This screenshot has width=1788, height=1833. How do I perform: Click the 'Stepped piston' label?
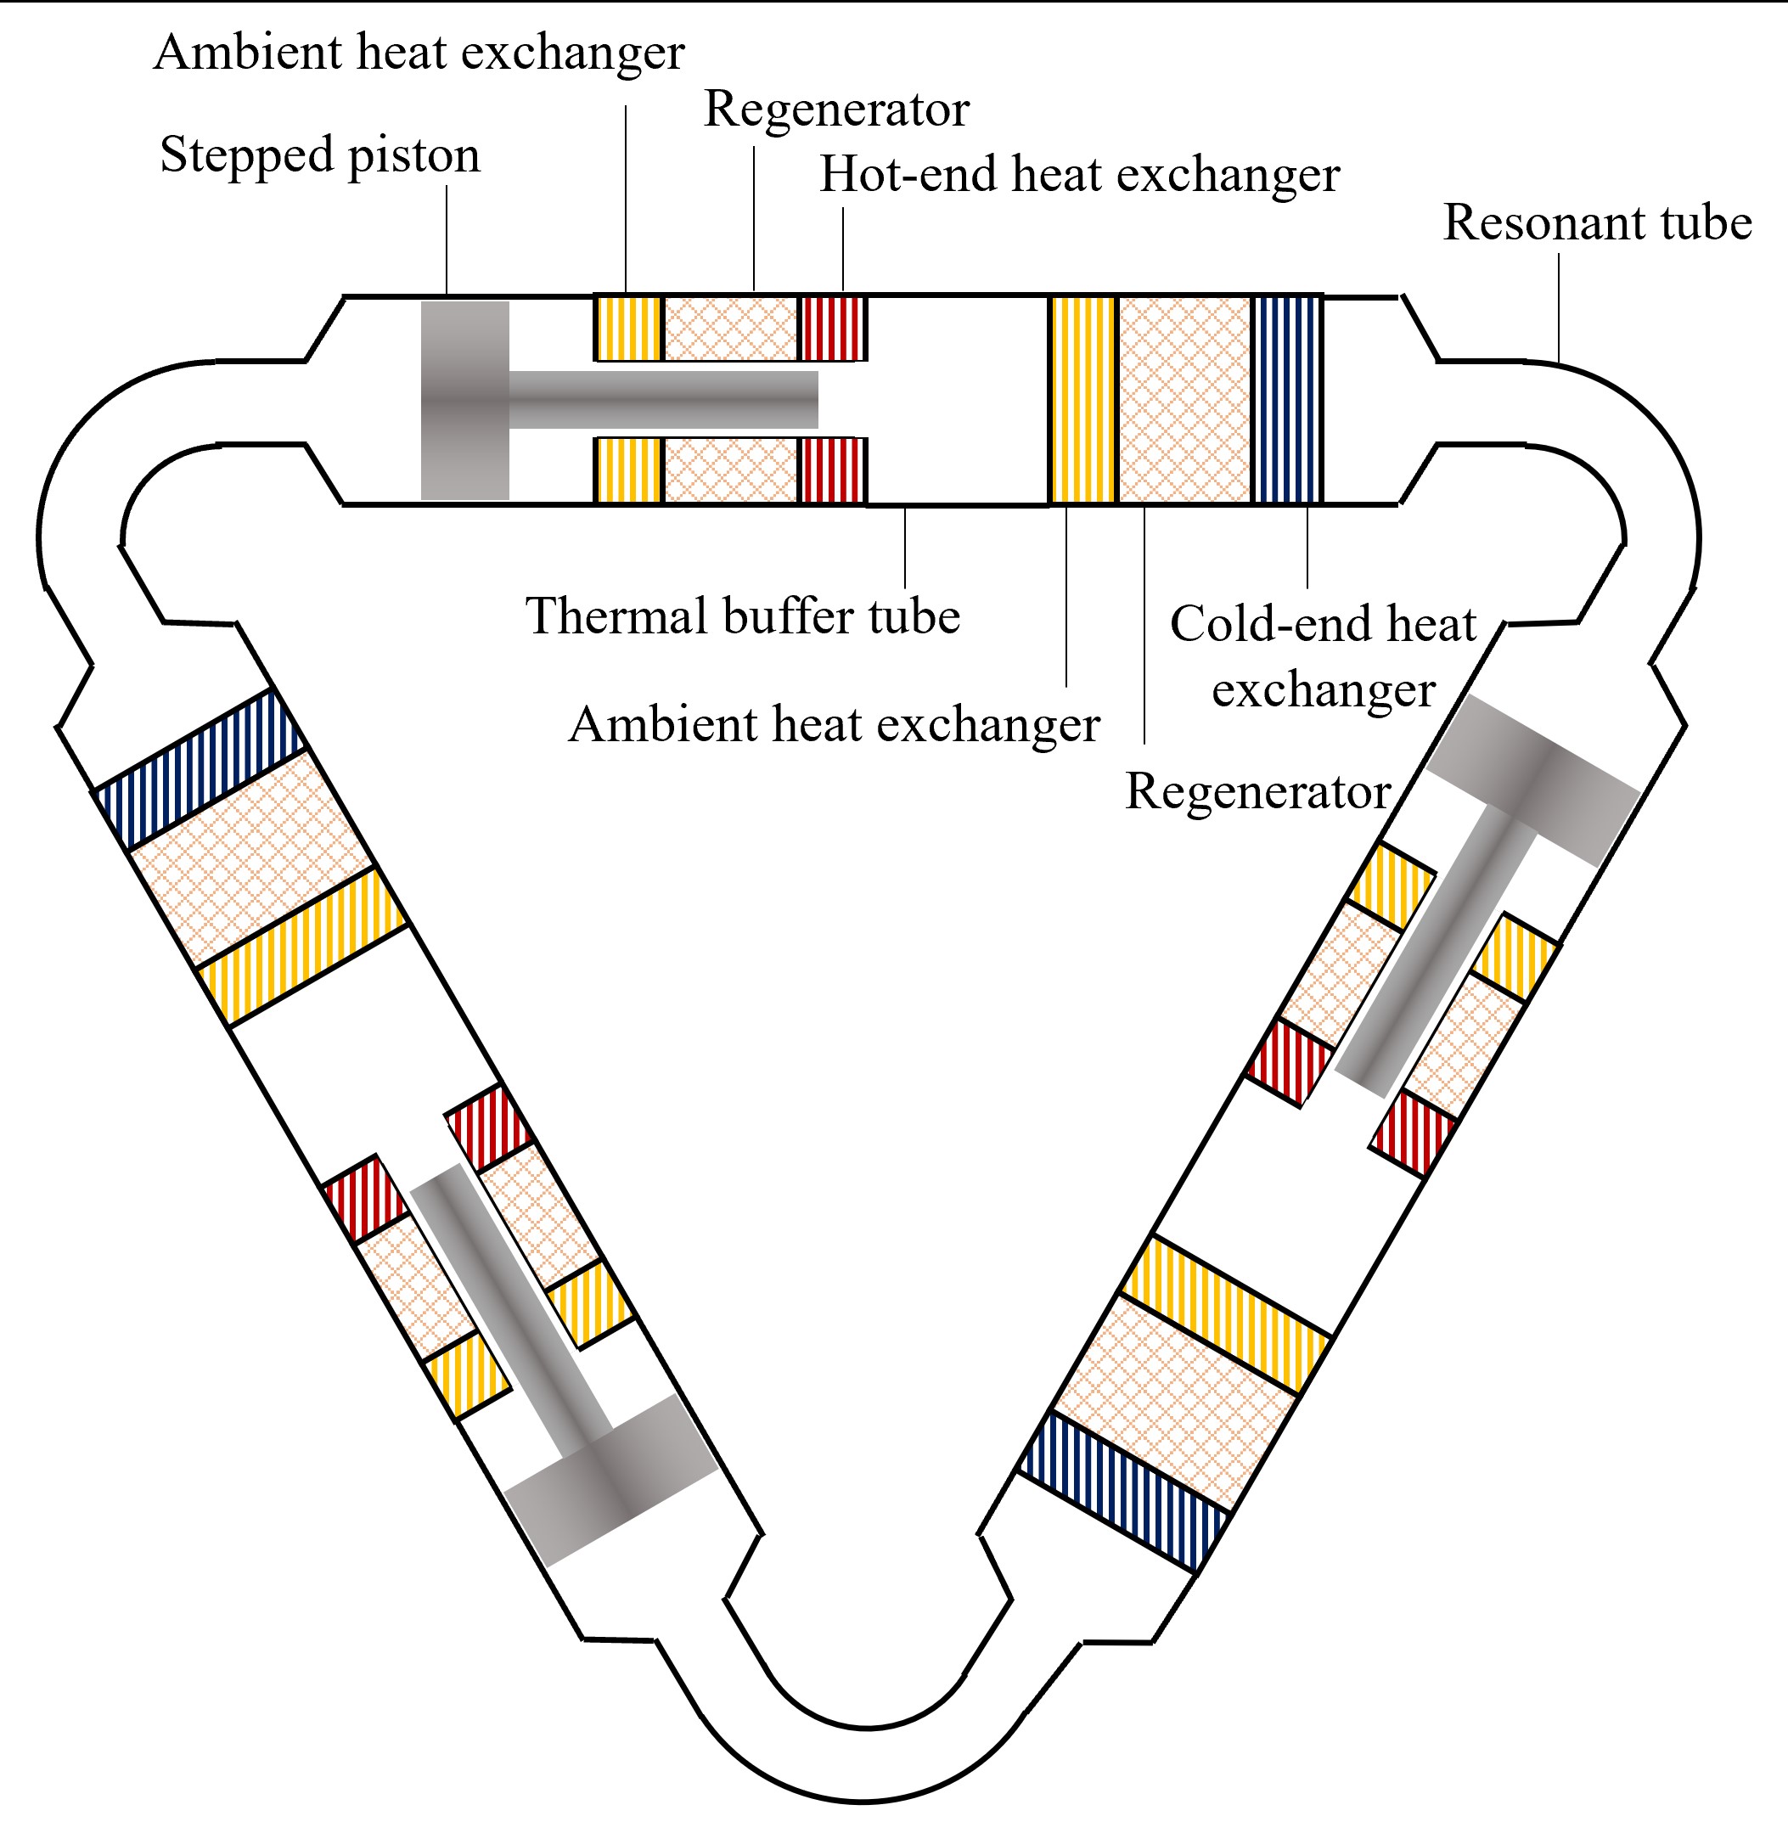pyautogui.click(x=319, y=155)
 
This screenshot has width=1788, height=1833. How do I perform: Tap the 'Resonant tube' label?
pyautogui.click(x=1596, y=223)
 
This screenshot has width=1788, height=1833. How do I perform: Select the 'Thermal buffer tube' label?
pyautogui.click(x=742, y=617)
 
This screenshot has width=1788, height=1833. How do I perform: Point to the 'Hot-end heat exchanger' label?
pyautogui.click(x=1079, y=175)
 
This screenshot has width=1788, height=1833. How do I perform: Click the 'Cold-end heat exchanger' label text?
pyautogui.click(x=1322, y=656)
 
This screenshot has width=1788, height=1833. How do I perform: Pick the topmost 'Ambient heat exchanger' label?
pyautogui.click(x=419, y=53)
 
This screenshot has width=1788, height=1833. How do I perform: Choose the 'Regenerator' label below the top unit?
pyautogui.click(x=1257, y=791)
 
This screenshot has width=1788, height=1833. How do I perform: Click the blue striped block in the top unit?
pyautogui.click(x=1286, y=400)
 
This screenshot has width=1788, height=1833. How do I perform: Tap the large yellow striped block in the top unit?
pyautogui.click(x=1082, y=400)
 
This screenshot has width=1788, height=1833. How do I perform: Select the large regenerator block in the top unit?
pyautogui.click(x=1184, y=400)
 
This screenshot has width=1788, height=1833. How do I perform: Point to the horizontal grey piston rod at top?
pyautogui.click(x=662, y=400)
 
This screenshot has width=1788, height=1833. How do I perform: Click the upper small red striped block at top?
pyautogui.click(x=831, y=329)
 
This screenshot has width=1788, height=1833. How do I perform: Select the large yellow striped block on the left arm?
pyautogui.click(x=302, y=947)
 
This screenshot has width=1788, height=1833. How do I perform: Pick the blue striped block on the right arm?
pyautogui.click(x=1123, y=1491)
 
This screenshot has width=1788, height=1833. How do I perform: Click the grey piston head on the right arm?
pyautogui.click(x=1532, y=779)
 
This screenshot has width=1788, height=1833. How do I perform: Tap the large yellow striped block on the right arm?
pyautogui.click(x=1225, y=1314)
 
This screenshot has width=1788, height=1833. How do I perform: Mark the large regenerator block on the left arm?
pyautogui.click(x=250, y=859)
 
